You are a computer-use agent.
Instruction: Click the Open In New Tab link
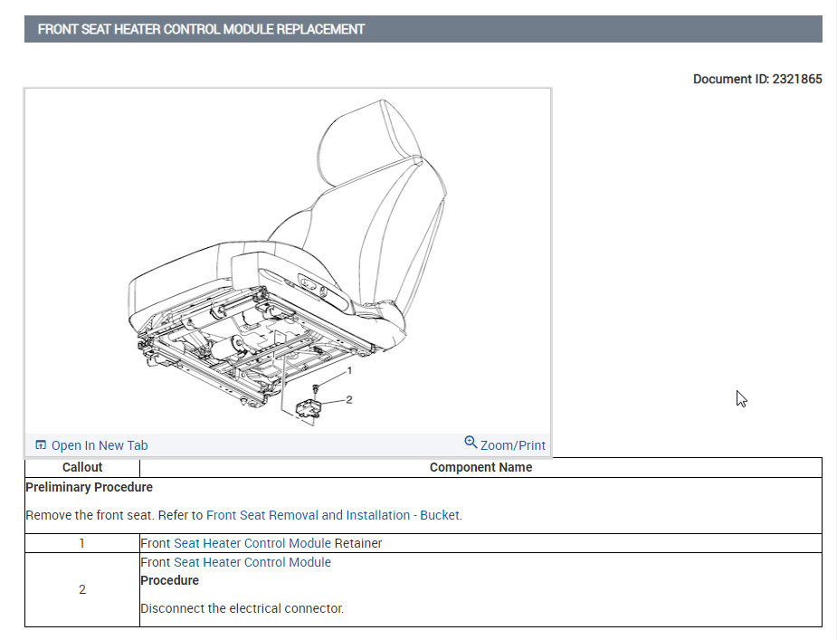pyautogui.click(x=100, y=445)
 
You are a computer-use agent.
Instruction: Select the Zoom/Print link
pyautogui.click(x=513, y=445)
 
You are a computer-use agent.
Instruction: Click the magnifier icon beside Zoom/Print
pyautogui.click(x=471, y=443)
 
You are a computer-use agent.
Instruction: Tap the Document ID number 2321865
pyautogui.click(x=796, y=79)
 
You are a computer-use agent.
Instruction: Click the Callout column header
pyautogui.click(x=82, y=467)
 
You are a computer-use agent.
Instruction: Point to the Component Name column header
pyautogui.click(x=480, y=467)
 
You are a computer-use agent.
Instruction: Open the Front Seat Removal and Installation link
pyautogui.click(x=334, y=515)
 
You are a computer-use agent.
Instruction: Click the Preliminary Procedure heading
pyautogui.click(x=89, y=487)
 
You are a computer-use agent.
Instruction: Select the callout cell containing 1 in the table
pyautogui.click(x=82, y=543)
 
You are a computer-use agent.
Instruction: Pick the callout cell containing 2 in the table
pyautogui.click(x=82, y=589)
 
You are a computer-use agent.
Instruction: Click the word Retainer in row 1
pyautogui.click(x=358, y=543)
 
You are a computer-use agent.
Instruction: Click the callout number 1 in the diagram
pyautogui.click(x=349, y=371)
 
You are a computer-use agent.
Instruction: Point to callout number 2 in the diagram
pyautogui.click(x=348, y=399)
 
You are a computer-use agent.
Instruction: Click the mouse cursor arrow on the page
pyautogui.click(x=741, y=398)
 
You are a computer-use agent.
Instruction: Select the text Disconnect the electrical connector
pyautogui.click(x=243, y=608)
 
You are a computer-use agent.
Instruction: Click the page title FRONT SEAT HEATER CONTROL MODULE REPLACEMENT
pyautogui.click(x=201, y=29)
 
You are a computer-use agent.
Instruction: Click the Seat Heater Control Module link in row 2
pyautogui.click(x=252, y=562)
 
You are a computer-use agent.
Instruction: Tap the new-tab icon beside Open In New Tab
pyautogui.click(x=41, y=445)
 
